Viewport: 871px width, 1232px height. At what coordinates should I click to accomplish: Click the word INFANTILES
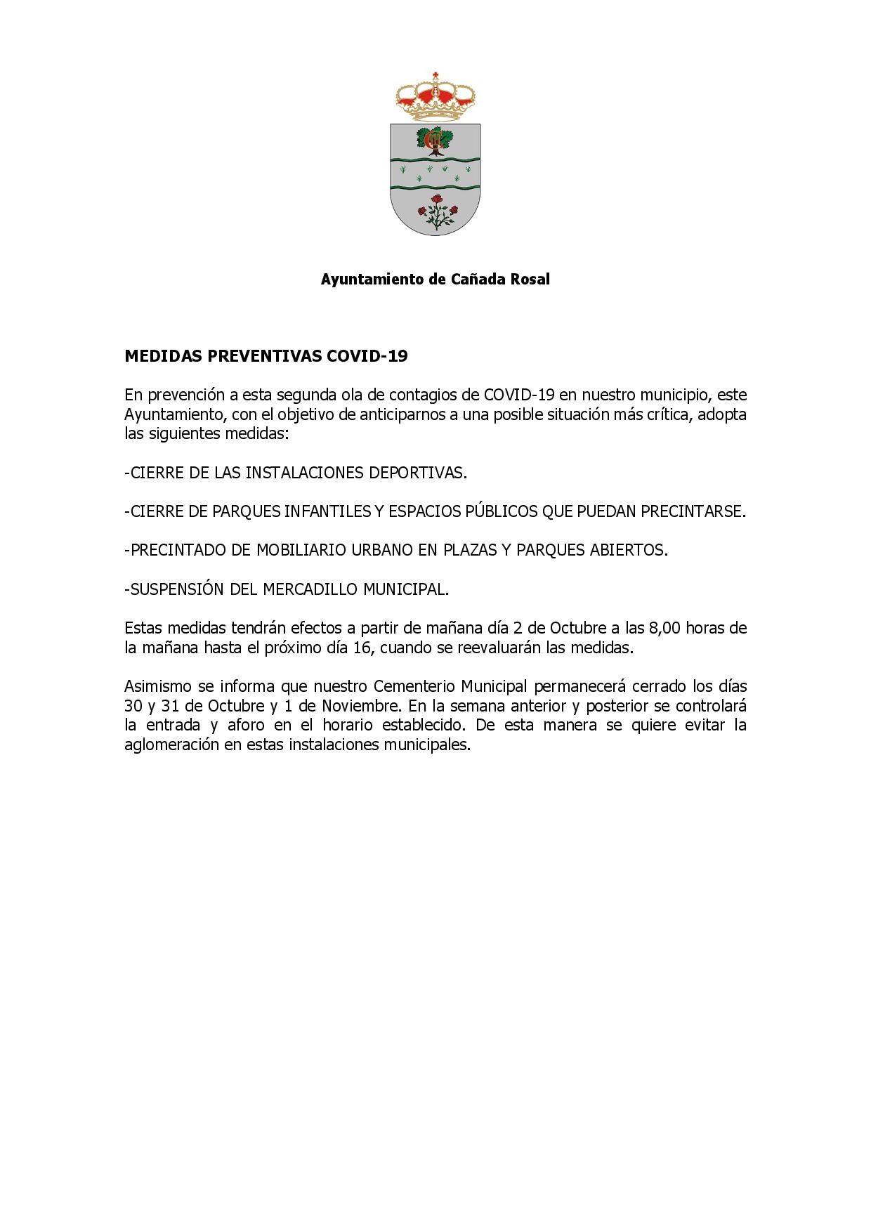[x=327, y=511]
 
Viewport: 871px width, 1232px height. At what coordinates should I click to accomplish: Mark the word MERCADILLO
[x=310, y=589]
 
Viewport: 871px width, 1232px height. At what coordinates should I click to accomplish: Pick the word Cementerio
[x=414, y=686]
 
